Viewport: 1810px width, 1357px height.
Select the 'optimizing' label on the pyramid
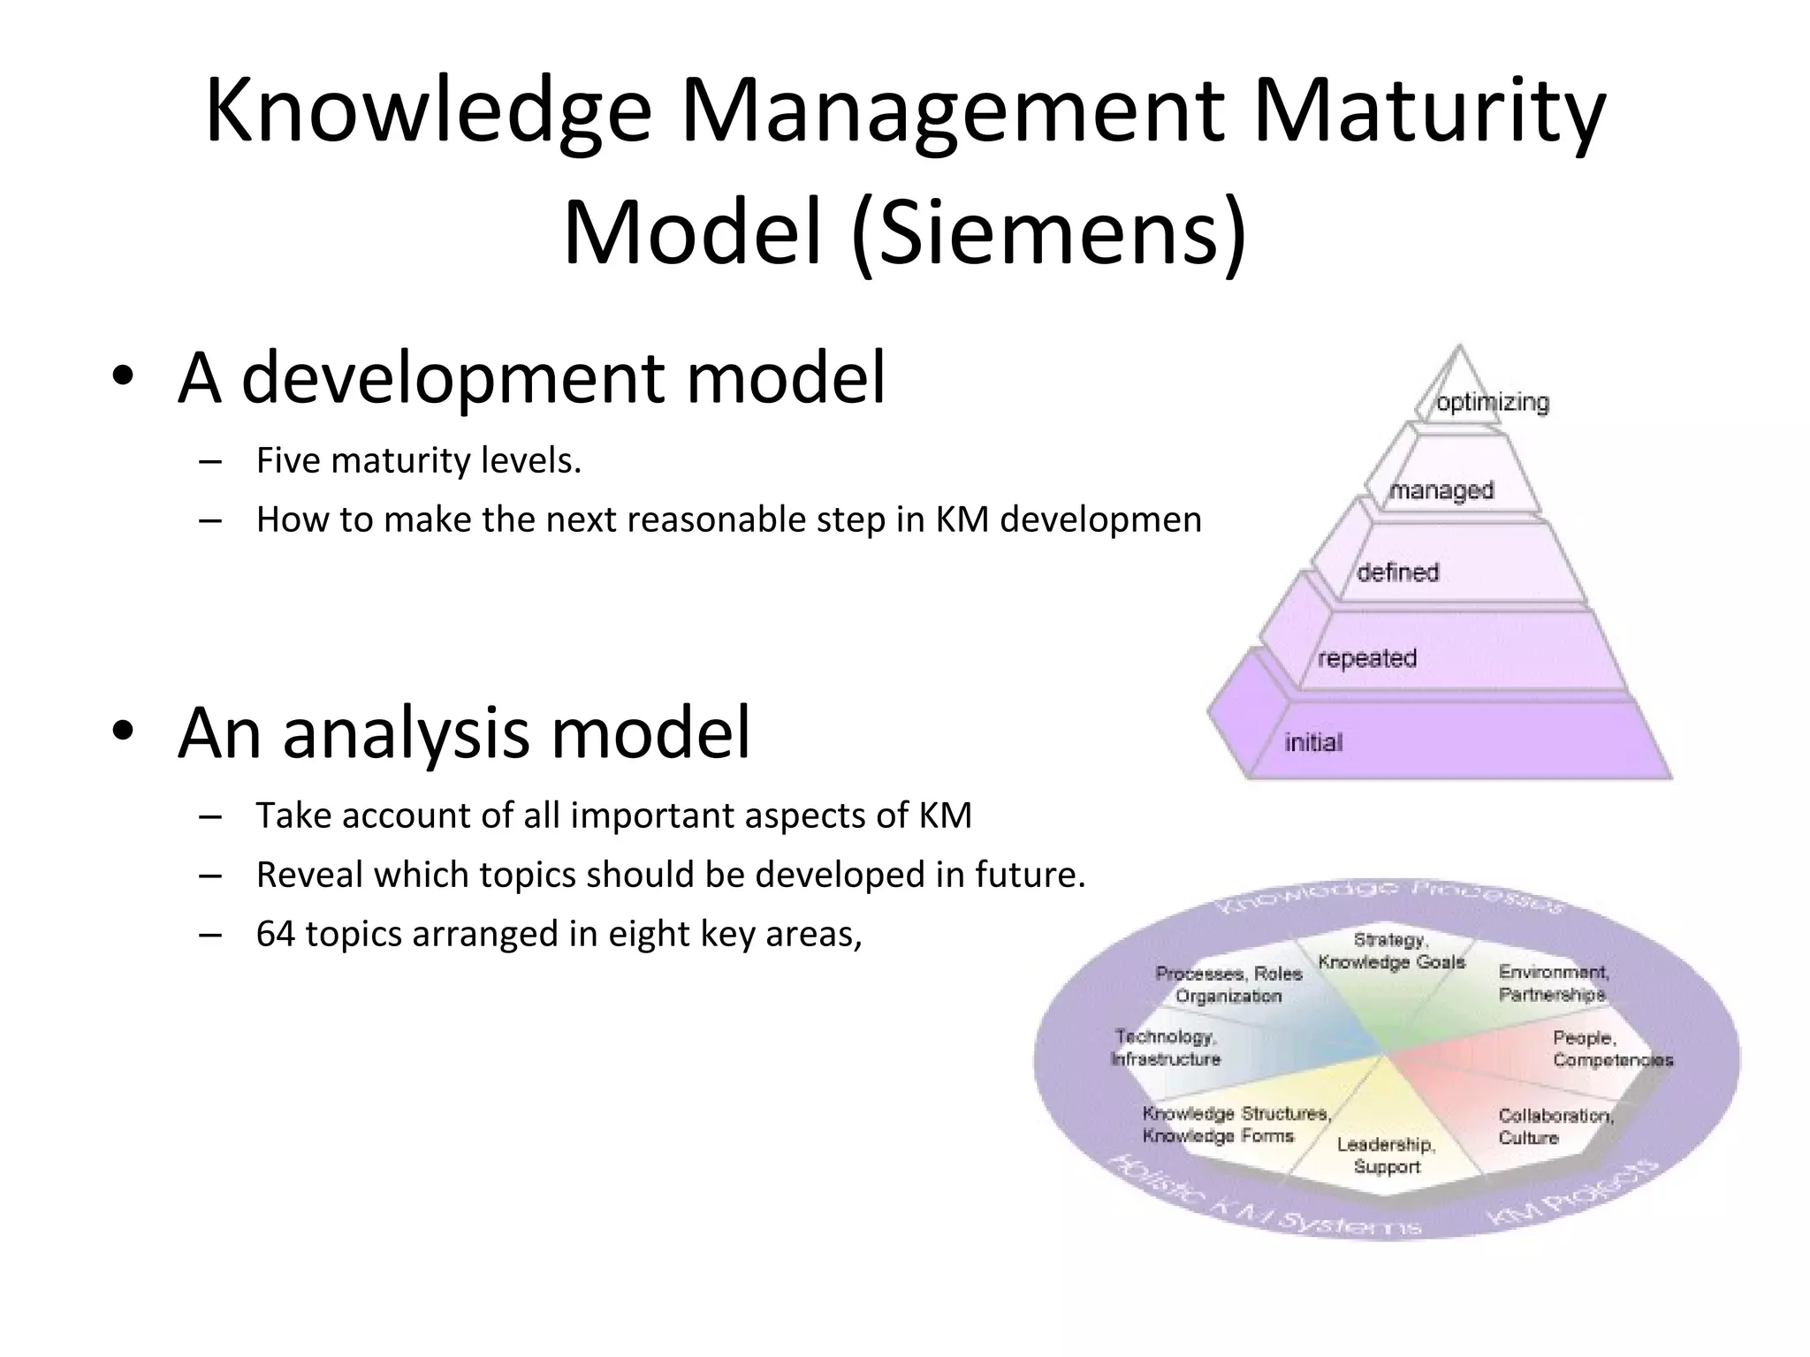click(x=1493, y=403)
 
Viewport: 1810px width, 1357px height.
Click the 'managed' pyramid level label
click(x=1441, y=490)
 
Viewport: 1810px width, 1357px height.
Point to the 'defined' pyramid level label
click(x=1398, y=572)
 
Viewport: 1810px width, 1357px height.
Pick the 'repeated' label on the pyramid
click(x=1367, y=658)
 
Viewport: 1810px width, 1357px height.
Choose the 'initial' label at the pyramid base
click(x=1313, y=742)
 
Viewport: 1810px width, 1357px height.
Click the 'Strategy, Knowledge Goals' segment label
click(x=1391, y=951)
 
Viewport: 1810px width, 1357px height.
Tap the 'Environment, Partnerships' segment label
click(x=1553, y=983)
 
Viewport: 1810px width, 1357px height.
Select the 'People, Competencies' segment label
click(x=1612, y=1049)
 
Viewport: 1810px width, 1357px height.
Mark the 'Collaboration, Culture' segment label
click(x=1555, y=1126)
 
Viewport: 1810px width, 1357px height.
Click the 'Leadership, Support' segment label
click(x=1386, y=1156)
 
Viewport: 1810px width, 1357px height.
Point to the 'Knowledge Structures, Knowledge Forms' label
click(x=1236, y=1125)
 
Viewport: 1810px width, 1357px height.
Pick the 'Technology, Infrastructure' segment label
click(x=1166, y=1048)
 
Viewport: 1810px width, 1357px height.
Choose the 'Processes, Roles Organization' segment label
click(x=1228, y=985)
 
